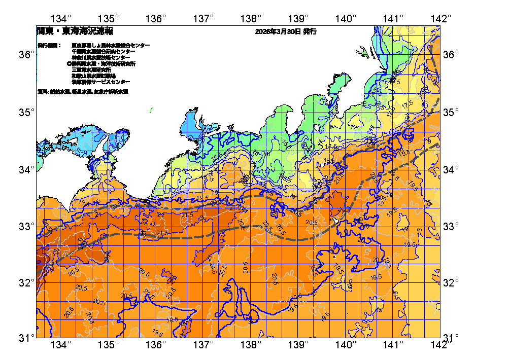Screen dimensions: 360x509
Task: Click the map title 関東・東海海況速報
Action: click(75, 31)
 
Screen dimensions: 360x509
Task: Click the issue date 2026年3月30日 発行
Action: click(286, 31)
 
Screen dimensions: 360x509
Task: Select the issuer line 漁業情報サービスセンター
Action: click(100, 82)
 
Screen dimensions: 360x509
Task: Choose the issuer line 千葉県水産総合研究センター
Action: click(104, 52)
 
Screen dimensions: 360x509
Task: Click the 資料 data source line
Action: click(83, 92)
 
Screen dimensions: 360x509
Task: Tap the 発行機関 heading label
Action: click(49, 46)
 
